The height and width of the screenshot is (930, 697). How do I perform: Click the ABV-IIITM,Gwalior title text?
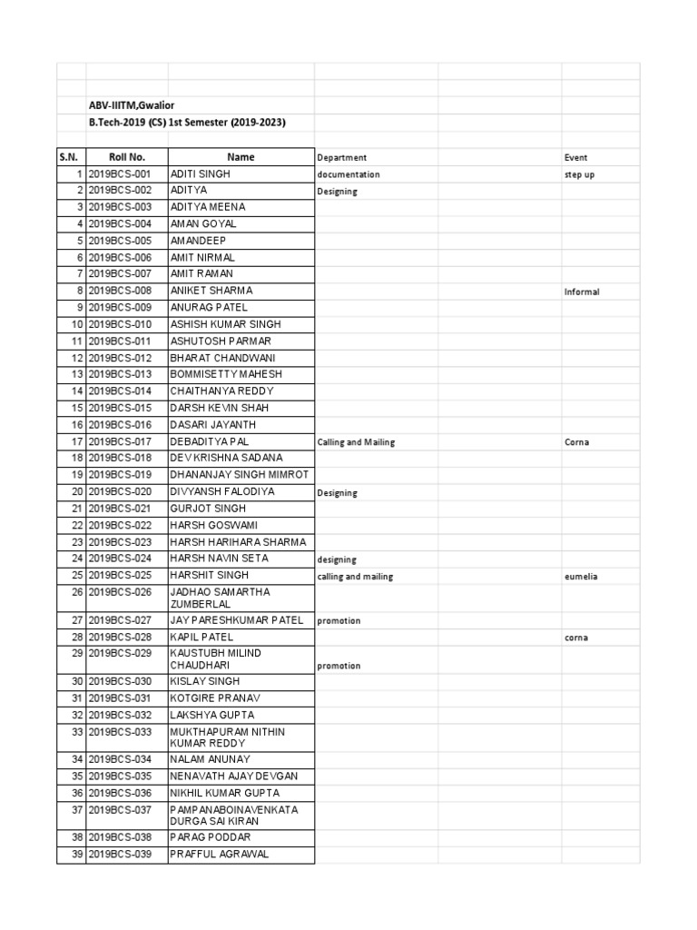point(138,105)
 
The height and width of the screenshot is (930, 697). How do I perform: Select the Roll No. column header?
point(127,157)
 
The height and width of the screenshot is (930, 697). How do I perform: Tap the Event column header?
point(575,157)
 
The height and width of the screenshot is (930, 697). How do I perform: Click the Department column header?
point(342,157)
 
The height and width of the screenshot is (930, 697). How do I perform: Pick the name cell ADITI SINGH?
point(201,173)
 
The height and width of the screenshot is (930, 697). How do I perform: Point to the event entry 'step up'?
point(579,174)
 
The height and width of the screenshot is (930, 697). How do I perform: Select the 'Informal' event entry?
point(582,292)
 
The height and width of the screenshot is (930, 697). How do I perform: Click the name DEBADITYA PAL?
point(209,441)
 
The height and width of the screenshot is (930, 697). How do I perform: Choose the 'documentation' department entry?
point(348,174)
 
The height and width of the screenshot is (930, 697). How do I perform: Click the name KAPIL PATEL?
point(201,637)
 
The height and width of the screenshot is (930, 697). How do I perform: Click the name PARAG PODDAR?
point(211,836)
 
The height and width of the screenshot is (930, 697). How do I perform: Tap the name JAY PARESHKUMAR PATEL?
point(237,619)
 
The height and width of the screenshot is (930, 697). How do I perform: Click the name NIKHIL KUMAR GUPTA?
point(225,793)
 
